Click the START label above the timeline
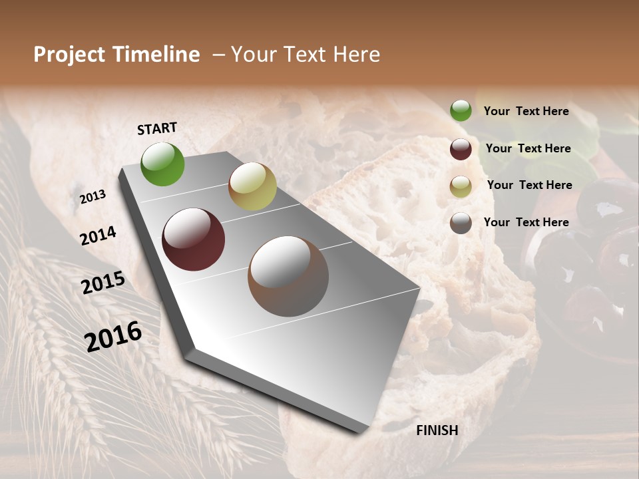pos(157,128)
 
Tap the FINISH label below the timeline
pos(437,430)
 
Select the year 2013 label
pos(93,197)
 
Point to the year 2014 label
pos(98,236)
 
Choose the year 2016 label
pos(113,336)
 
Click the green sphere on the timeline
pos(162,164)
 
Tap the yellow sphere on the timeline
pos(252,186)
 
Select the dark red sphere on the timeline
pos(193,239)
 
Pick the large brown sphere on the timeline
pos(288,276)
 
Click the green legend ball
pos(461,111)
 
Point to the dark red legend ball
pos(461,149)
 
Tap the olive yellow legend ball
pos(461,186)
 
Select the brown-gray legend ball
pos(461,223)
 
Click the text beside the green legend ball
pos(526,111)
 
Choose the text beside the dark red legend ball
pos(528,148)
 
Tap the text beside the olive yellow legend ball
pos(529,185)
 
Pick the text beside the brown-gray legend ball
pos(526,222)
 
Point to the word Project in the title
pos(69,55)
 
